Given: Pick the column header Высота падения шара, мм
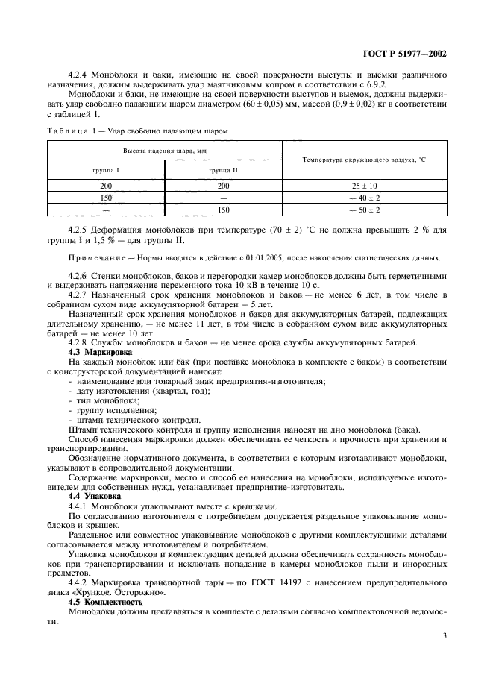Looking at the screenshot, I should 164,150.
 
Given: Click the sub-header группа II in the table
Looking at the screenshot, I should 224,171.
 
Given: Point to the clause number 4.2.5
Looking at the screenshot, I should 79,230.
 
